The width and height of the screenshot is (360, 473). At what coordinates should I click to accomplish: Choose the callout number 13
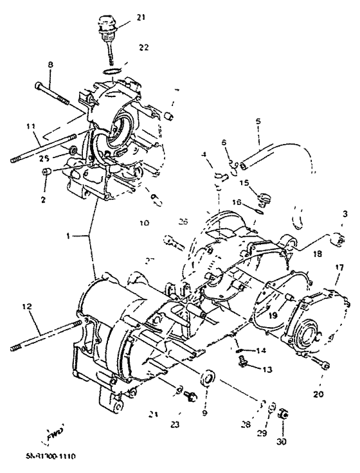click(265, 370)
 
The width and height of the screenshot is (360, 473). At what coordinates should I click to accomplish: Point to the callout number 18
click(317, 254)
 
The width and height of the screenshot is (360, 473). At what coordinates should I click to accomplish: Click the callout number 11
click(30, 126)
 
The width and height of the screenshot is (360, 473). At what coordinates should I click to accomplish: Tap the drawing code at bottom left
click(51, 457)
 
